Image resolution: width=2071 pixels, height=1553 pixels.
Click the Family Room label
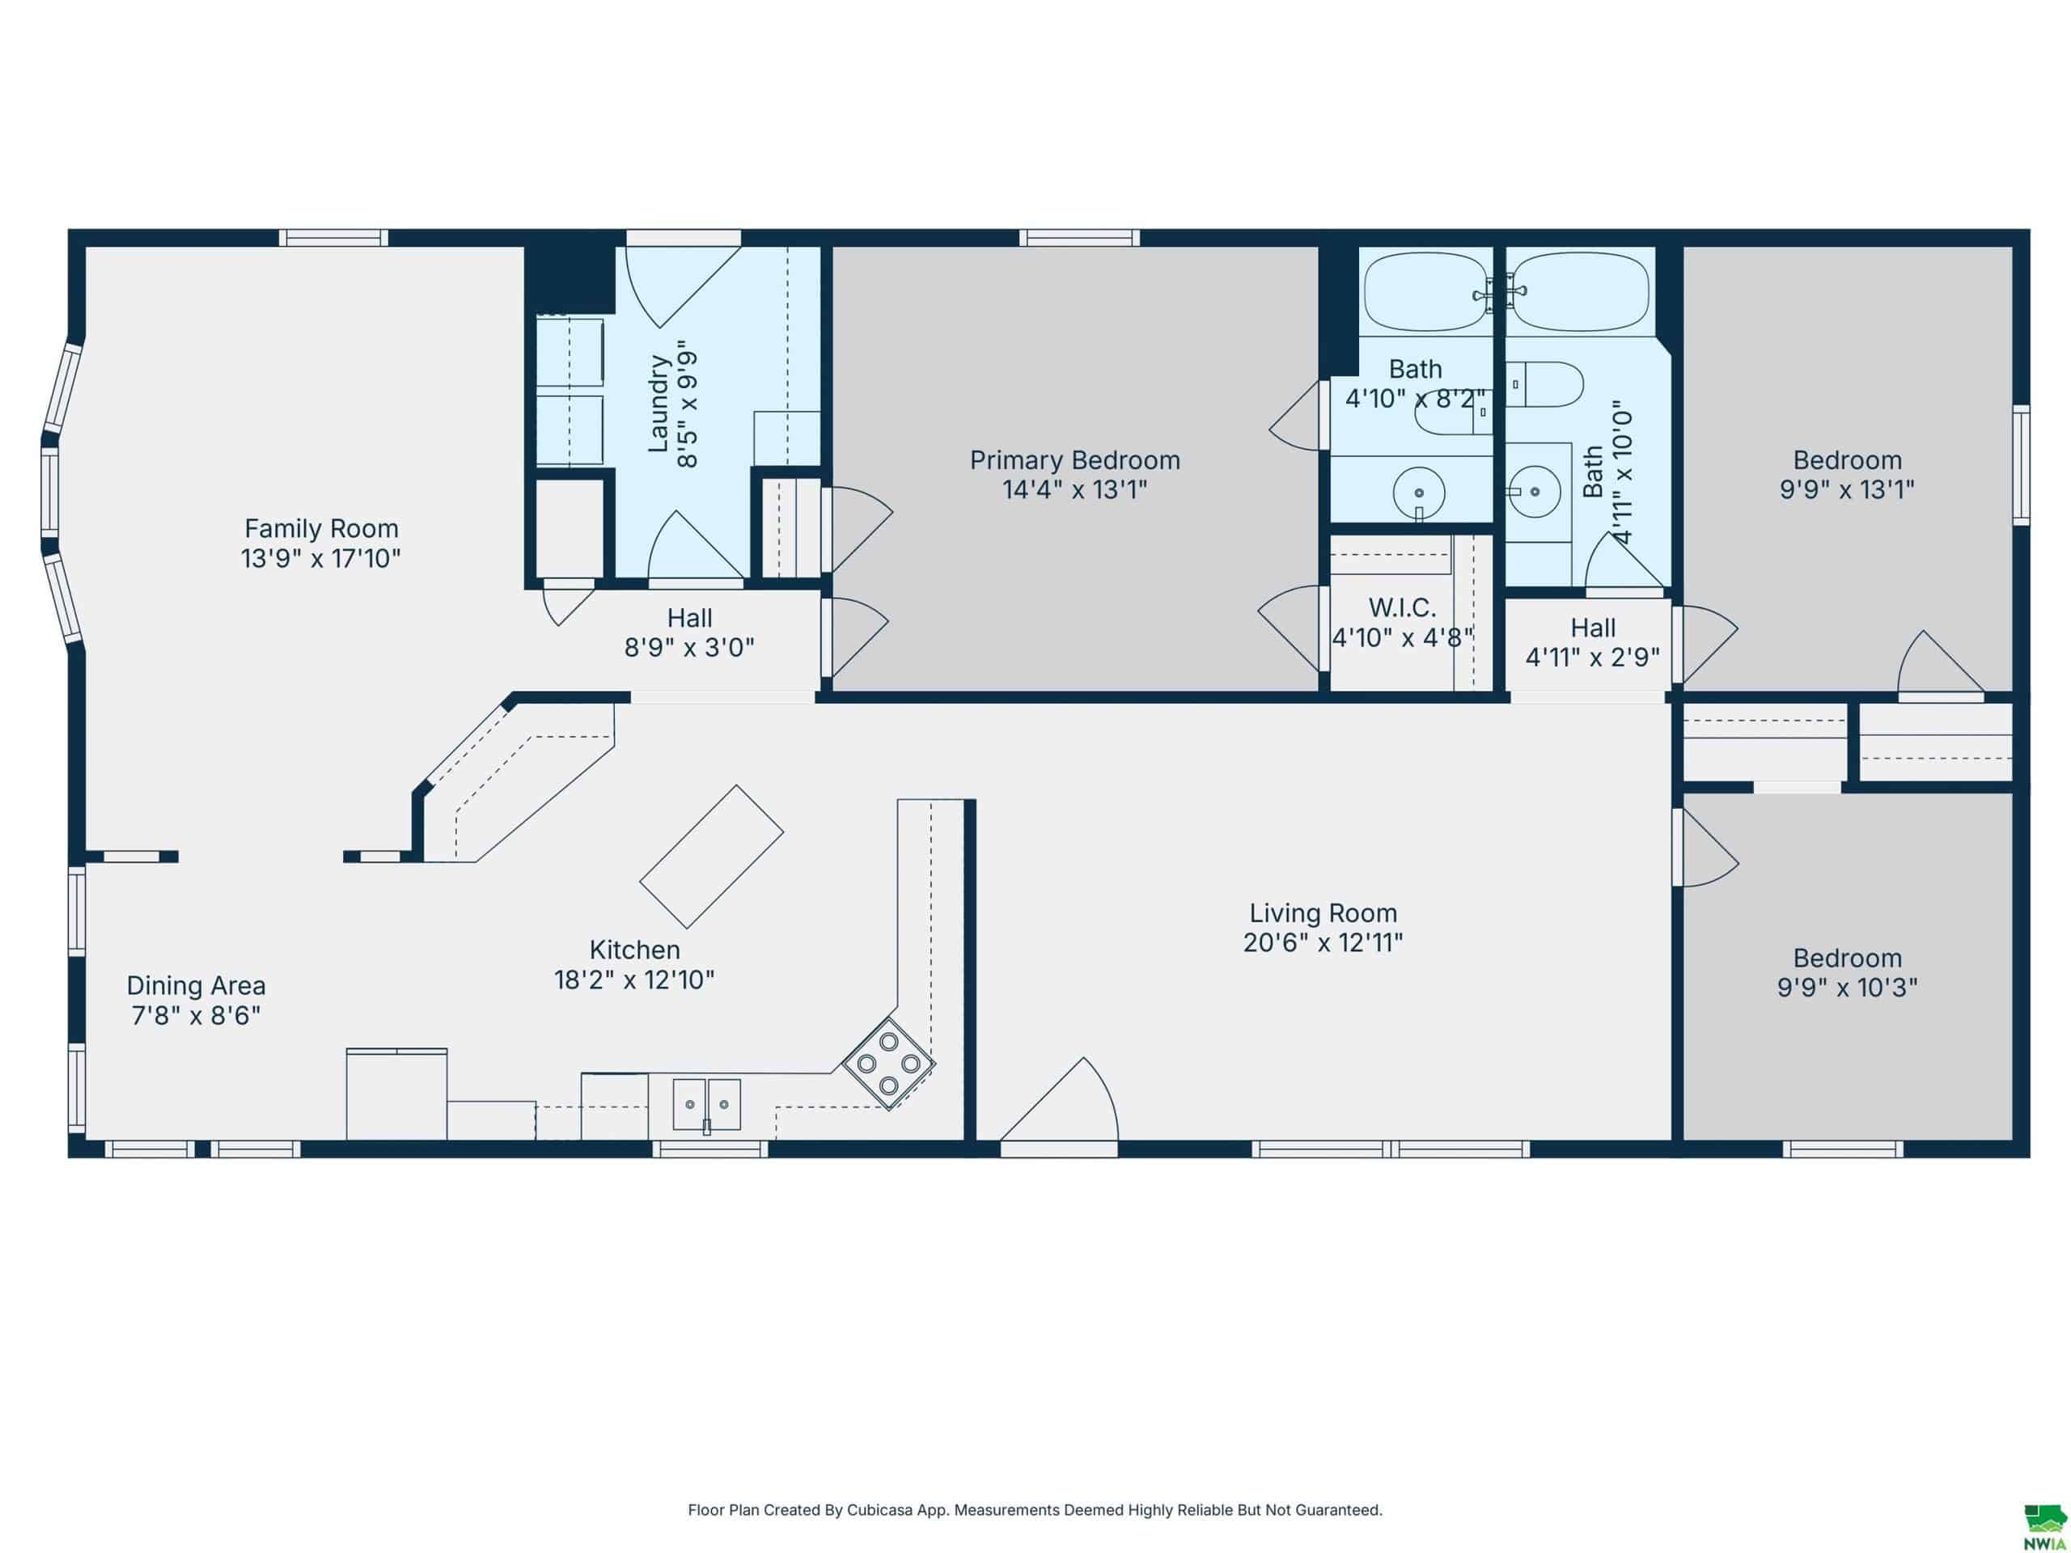321,529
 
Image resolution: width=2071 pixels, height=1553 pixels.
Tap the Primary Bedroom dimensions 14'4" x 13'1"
1075,489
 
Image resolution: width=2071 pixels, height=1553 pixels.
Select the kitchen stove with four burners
888,1064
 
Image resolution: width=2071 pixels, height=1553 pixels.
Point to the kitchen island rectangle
712,857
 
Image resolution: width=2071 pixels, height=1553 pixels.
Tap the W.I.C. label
1403,607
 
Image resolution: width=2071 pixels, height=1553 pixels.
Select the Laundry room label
659,404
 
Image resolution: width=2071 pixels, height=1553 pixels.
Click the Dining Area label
196,986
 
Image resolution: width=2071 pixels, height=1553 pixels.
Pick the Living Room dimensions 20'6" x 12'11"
1323,942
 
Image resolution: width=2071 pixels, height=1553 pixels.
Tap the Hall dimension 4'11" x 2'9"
1593,657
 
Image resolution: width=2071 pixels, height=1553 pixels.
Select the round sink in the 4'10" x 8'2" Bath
1420,493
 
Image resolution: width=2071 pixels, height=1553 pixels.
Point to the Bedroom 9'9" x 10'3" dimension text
1847,988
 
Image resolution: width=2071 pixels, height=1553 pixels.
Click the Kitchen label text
635,950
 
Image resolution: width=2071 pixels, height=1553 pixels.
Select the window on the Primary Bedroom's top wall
1079,238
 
